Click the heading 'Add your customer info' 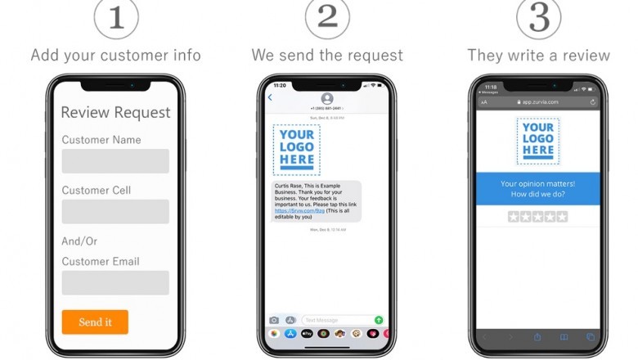pyautogui.click(x=115, y=56)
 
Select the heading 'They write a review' pyautogui.click(x=538, y=56)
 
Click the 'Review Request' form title pyautogui.click(x=115, y=112)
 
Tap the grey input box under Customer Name pyautogui.click(x=115, y=161)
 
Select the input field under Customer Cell pyautogui.click(x=115, y=212)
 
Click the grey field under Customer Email pyautogui.click(x=115, y=283)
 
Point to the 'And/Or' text pyautogui.click(x=79, y=241)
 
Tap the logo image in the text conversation pyautogui.click(x=296, y=150)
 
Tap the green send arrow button pyautogui.click(x=379, y=320)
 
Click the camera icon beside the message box pyautogui.click(x=274, y=320)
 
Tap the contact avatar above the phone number pyautogui.click(x=327, y=98)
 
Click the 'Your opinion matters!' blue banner pyautogui.click(x=538, y=189)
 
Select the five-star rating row pyautogui.click(x=537, y=217)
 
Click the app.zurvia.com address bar pyautogui.click(x=538, y=102)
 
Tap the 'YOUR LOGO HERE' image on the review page pyautogui.click(x=538, y=141)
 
